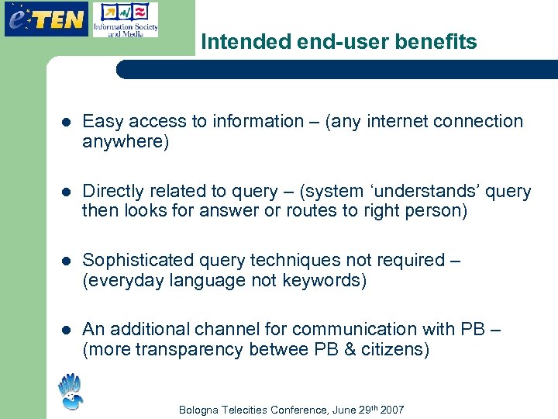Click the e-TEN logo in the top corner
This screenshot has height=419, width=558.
click(x=46, y=19)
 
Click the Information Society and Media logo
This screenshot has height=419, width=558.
click(x=125, y=20)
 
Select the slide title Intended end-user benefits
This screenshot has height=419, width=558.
click(x=339, y=42)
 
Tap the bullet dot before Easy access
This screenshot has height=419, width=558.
click(x=67, y=122)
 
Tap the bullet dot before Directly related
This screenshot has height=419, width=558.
click(x=67, y=192)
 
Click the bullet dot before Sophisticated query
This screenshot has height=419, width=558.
click(x=67, y=260)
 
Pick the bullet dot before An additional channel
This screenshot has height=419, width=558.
click(x=67, y=330)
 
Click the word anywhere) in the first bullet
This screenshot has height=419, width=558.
click(x=126, y=142)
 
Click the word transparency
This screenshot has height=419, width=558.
click(x=189, y=350)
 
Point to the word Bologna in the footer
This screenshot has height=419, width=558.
click(x=200, y=410)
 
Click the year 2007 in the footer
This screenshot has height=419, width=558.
click(x=391, y=410)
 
